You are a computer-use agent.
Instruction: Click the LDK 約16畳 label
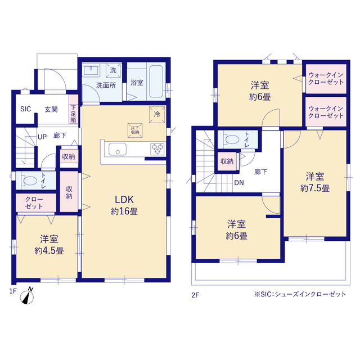point(124,205)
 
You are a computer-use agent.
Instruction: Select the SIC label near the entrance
point(25,109)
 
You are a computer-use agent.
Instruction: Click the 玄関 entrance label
point(51,109)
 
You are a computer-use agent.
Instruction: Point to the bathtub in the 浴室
point(156,82)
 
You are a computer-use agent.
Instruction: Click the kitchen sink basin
point(118,149)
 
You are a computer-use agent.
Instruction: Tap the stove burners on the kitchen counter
point(157,148)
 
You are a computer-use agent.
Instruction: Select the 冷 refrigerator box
point(157,114)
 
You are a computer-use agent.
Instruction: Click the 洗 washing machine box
point(113,70)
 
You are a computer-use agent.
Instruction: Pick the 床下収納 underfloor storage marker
point(135,130)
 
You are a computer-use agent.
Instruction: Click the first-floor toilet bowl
point(29,181)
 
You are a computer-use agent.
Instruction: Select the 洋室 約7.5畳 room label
point(315,182)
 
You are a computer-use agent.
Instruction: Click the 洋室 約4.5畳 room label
point(49,245)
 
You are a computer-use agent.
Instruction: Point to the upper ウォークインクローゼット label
point(326,79)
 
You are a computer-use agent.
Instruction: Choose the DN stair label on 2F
point(239,183)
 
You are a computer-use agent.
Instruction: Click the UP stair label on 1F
point(42,137)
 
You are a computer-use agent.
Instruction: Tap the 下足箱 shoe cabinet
point(74,109)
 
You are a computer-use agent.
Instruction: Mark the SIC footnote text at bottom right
point(300,294)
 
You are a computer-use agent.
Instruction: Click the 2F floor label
point(195,295)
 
